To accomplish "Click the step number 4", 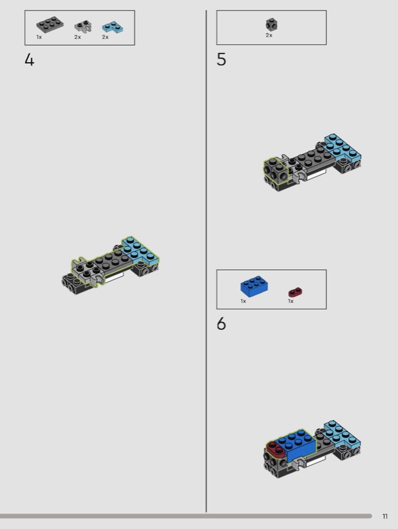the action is point(29,60).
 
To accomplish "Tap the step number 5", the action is point(221,60).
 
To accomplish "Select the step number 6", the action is point(221,324).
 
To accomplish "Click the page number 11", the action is point(385,516).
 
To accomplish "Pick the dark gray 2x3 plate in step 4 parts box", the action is point(50,24).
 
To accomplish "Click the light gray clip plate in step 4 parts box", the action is point(83,26).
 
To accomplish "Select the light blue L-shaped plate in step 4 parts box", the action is point(112,27).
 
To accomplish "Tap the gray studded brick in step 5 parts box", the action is point(272,24).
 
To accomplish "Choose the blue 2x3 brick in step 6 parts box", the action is point(255,286).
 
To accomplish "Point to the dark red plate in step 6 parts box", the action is point(296,292).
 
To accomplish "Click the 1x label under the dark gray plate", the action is point(39,37).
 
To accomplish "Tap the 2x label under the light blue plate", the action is point(105,37).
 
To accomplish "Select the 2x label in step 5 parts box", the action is point(269,35).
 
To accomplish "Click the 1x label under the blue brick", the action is point(243,301).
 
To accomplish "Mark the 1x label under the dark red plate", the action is point(291,301).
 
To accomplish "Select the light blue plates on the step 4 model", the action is point(141,251).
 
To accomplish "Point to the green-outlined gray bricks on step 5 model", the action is point(276,170).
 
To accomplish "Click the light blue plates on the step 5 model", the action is point(343,147).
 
